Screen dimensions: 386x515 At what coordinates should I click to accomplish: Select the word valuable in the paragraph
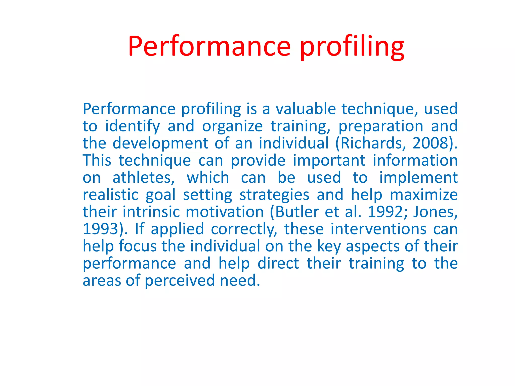click(x=306, y=109)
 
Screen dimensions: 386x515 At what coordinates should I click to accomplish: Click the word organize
click(x=232, y=126)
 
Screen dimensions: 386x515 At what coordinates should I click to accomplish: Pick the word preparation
click(x=381, y=126)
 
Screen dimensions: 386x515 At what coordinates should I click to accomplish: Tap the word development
click(x=160, y=143)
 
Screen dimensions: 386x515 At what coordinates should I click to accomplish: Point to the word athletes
click(x=143, y=178)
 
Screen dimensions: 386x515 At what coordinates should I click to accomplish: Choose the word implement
click(x=418, y=178)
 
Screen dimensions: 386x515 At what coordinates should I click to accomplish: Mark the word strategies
click(x=274, y=195)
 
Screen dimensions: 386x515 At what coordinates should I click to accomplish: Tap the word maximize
click(x=424, y=195)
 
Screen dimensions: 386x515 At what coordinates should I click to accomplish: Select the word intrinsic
click(x=151, y=212)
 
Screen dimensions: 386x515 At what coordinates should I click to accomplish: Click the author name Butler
click(x=297, y=212)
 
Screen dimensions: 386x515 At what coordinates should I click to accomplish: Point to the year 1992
click(x=385, y=212)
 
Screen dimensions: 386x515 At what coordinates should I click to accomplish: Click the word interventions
click(x=378, y=229)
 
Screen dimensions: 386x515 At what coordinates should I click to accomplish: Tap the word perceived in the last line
click(x=180, y=281)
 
